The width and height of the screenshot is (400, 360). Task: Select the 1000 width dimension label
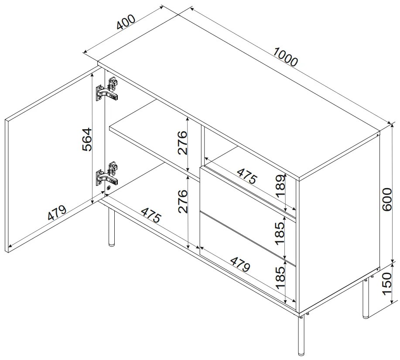[285, 57]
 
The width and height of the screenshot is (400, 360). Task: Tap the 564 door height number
[87, 140]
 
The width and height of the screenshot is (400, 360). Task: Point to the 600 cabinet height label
[387, 199]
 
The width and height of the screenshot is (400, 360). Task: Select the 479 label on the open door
[57, 212]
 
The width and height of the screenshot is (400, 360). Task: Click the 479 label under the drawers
[240, 264]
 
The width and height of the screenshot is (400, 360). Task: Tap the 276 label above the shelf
[183, 143]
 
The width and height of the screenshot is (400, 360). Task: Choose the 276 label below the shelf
[183, 202]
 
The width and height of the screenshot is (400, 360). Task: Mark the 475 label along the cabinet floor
[151, 215]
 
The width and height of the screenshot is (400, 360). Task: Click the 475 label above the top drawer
[246, 176]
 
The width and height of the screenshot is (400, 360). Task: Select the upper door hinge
[107, 90]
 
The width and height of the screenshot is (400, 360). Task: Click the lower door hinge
[107, 175]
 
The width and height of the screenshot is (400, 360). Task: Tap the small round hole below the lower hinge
[109, 189]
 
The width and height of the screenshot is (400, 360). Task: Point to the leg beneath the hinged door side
[111, 227]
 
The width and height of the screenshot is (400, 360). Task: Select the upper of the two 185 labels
[280, 233]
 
